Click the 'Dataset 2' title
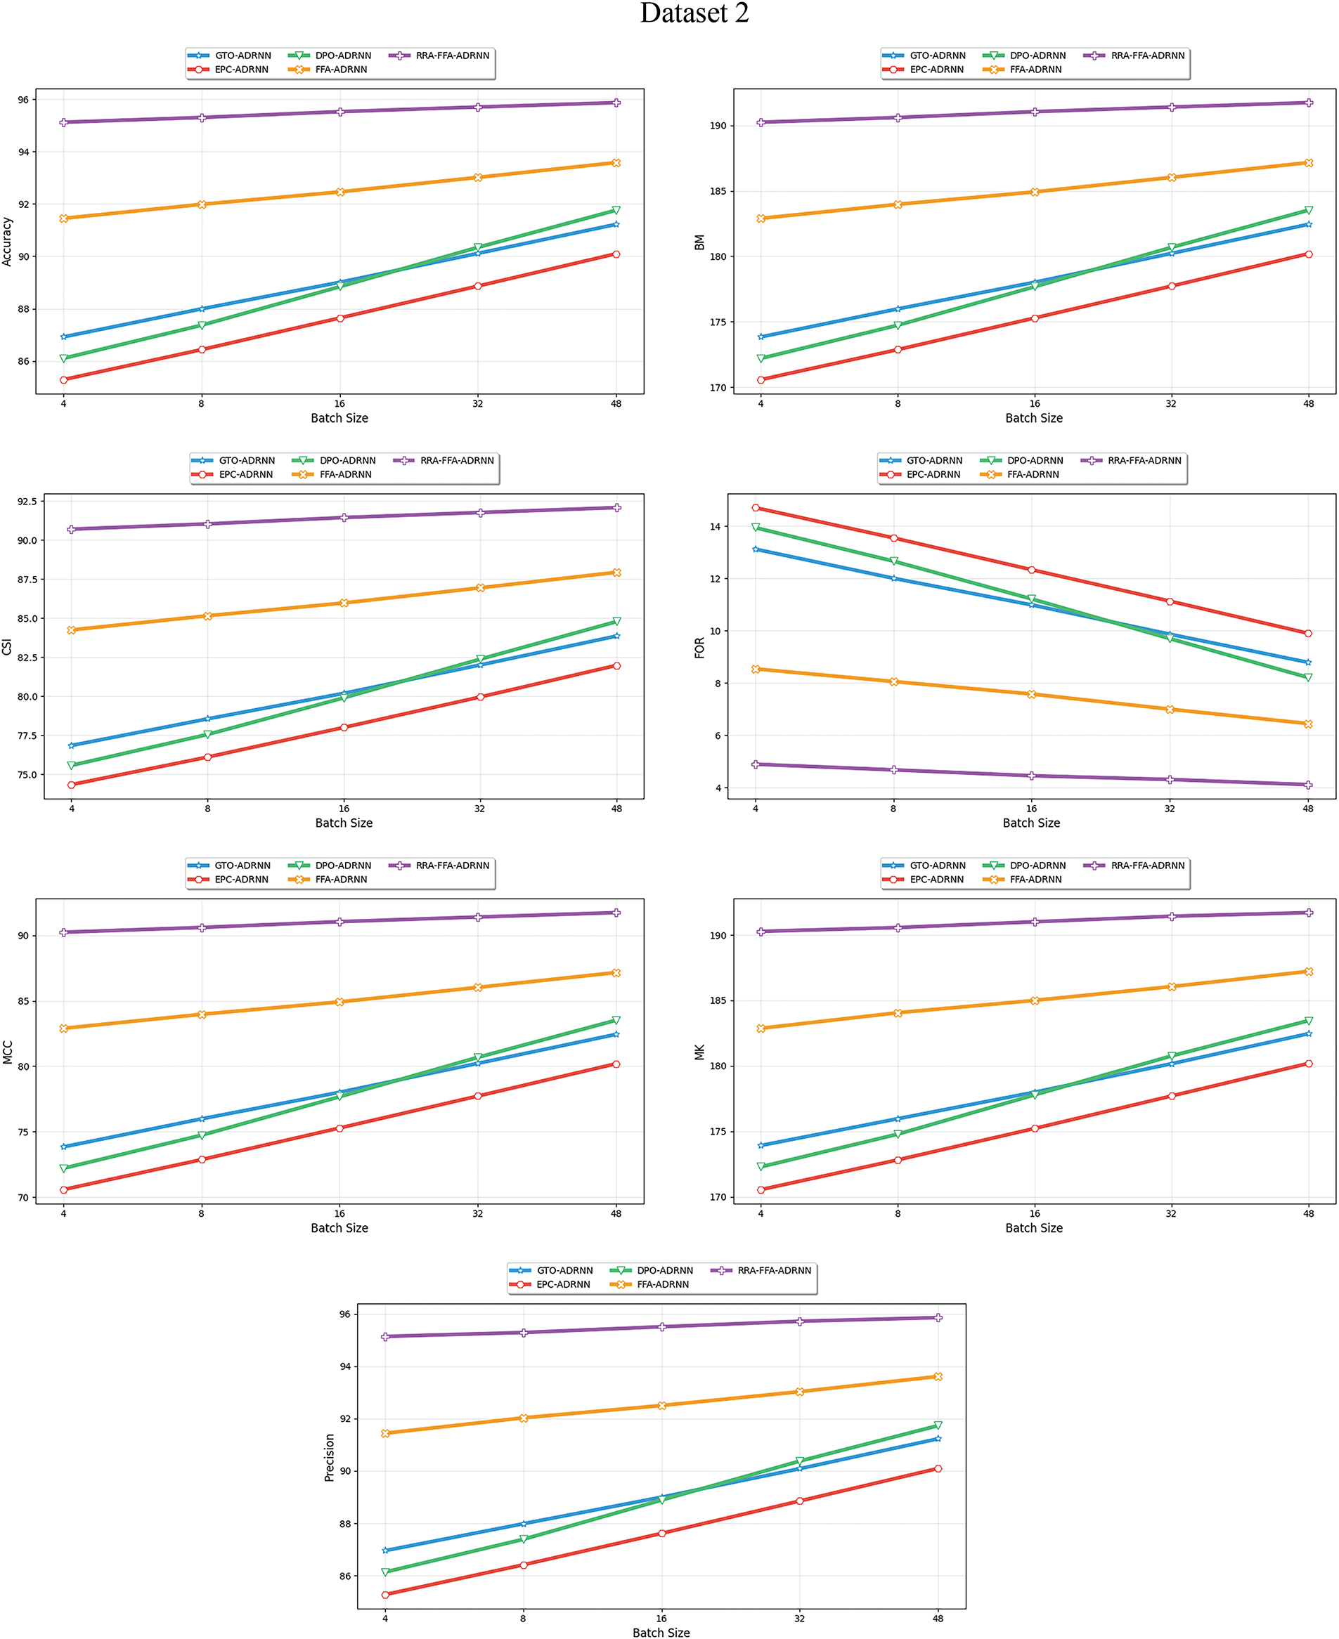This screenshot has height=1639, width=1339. click(694, 14)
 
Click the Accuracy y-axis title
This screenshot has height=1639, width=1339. click(8, 241)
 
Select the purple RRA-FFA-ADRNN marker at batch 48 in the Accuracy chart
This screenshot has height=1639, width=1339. click(616, 103)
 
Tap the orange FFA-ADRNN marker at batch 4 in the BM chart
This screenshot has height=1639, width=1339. click(761, 218)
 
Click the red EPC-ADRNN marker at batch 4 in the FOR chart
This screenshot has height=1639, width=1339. click(756, 508)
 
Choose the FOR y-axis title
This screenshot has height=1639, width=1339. click(699, 648)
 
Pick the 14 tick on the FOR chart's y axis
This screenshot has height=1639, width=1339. click(715, 527)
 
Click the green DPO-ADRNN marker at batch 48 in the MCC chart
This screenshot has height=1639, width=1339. click(616, 1021)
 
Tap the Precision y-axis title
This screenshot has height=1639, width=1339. click(330, 1458)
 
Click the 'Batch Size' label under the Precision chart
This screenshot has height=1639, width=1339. click(661, 1632)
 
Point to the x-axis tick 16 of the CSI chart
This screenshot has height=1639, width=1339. click(344, 808)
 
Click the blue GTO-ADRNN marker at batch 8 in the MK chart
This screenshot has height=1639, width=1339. click(898, 1118)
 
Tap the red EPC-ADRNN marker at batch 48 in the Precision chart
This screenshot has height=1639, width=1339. click(938, 1468)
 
